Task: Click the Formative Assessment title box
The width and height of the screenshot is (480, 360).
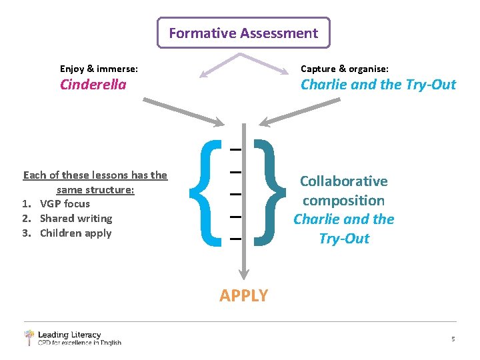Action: click(x=243, y=33)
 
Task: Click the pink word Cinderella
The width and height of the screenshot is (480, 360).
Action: click(x=93, y=85)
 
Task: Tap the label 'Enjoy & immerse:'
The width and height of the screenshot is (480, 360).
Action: click(x=99, y=69)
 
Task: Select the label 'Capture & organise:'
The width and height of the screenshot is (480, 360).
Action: click(x=345, y=69)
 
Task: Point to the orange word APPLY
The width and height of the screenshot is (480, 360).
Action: click(x=244, y=295)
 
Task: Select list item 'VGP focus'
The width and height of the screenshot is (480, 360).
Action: click(x=65, y=203)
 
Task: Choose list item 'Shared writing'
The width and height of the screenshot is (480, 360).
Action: click(x=75, y=218)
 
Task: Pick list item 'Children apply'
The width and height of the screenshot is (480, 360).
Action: click(x=75, y=233)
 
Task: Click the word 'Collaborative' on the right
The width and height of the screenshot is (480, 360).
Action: click(x=343, y=181)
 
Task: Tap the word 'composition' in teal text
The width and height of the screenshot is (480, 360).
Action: click(x=343, y=200)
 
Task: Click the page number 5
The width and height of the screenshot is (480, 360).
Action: click(x=453, y=339)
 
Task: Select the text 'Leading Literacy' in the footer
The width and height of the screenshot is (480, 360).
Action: click(x=69, y=335)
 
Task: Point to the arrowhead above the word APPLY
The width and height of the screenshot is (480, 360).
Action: click(x=245, y=273)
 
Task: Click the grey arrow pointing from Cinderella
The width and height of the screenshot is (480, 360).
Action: click(x=183, y=111)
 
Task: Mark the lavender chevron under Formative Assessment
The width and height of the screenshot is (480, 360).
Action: click(x=243, y=61)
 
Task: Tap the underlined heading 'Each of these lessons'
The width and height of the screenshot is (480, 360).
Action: click(x=95, y=175)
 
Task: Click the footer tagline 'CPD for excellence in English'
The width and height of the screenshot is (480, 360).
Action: click(x=79, y=343)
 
